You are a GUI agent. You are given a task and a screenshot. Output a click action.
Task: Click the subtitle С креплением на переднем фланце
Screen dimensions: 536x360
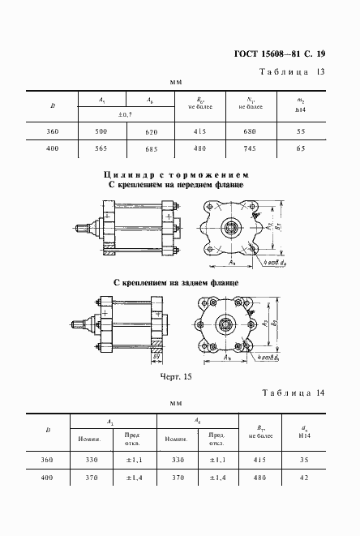tap(176, 184)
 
